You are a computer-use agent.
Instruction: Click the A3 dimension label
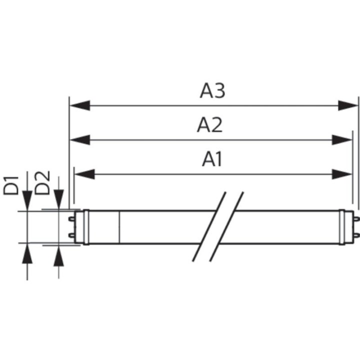click(212, 90)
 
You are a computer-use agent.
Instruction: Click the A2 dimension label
click(209, 125)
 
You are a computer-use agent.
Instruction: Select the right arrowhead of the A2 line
click(342, 139)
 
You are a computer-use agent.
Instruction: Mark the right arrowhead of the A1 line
click(342, 173)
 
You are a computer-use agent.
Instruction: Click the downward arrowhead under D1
click(27, 201)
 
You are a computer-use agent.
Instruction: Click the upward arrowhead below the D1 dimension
click(27, 254)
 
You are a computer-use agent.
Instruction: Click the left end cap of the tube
click(85, 227)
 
